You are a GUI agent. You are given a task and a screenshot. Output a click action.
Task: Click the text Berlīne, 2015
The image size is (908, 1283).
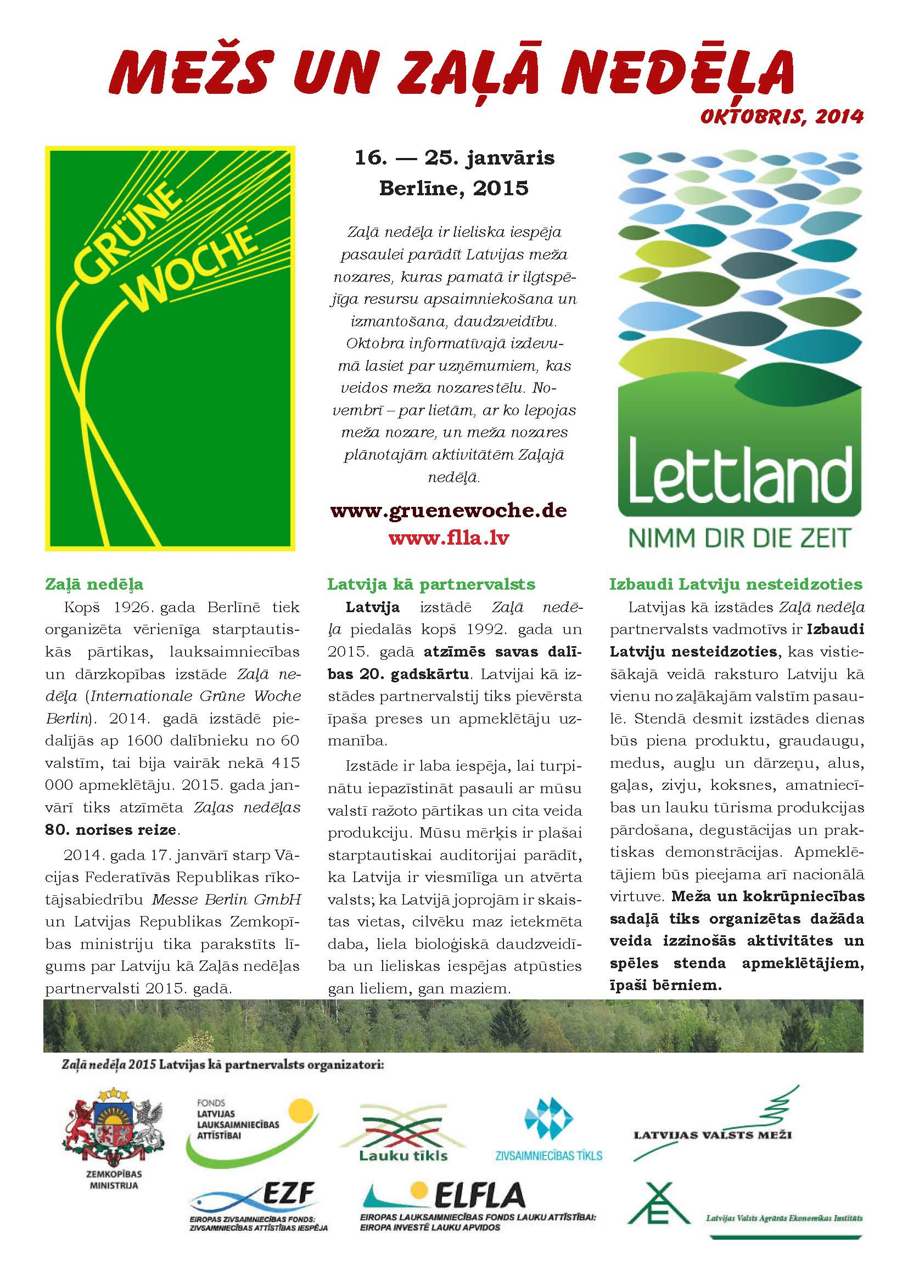click(x=453, y=188)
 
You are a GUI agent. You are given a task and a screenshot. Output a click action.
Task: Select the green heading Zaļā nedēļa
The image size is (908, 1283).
click(x=94, y=585)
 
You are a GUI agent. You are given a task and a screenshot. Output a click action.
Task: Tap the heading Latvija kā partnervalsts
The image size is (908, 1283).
click(x=431, y=585)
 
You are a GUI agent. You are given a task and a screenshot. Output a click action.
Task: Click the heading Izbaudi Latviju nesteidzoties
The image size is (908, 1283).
click(x=736, y=585)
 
